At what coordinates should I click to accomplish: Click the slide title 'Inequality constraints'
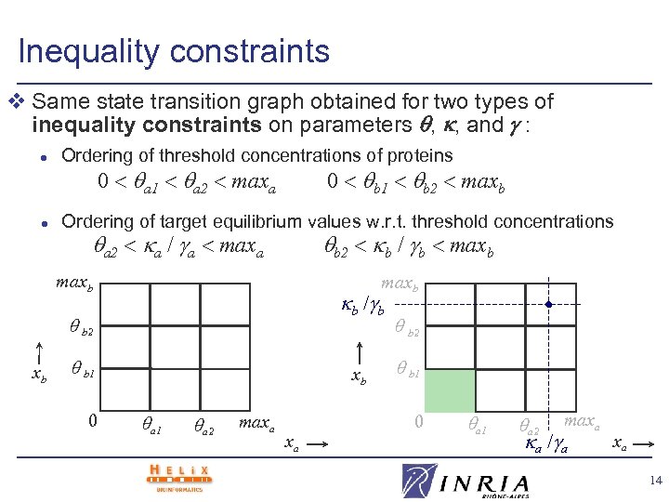(x=174, y=50)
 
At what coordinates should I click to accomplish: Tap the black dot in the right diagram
(x=549, y=304)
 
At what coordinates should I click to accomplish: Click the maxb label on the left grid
(x=75, y=280)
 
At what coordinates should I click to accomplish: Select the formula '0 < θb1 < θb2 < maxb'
(x=415, y=182)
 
